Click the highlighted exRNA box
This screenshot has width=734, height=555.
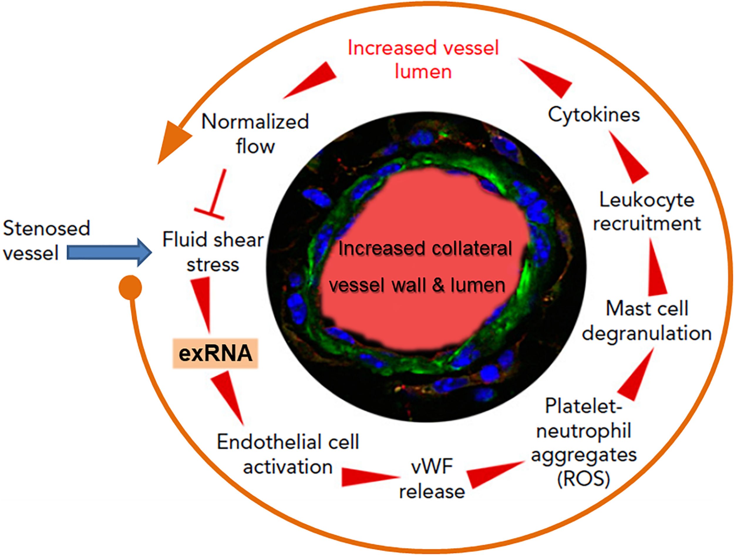pos(215,353)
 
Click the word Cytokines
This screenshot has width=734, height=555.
pos(594,115)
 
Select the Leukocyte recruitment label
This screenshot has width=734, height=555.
pos(647,212)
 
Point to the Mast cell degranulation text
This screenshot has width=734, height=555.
pos(647,321)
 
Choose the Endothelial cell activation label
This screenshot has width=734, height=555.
pos(288,454)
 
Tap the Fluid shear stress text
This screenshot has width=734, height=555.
pos(213,252)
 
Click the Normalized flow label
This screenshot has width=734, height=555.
pos(255,134)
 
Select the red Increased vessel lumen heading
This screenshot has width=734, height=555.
pos(423,60)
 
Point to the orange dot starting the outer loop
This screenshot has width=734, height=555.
pos(130,287)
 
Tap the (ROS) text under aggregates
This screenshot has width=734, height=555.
pos(584,479)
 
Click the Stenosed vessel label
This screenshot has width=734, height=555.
pos(46,240)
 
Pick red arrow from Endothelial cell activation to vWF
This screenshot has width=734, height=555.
pos(368,477)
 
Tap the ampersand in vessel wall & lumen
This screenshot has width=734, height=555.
pos(438,285)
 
